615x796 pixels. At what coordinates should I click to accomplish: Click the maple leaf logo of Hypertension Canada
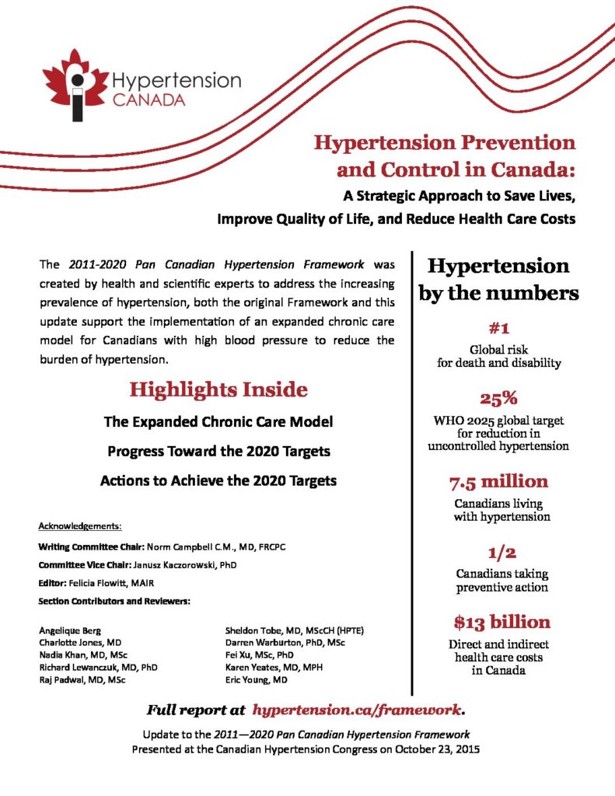(75, 85)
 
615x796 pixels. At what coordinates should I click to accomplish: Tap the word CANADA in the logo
(149, 100)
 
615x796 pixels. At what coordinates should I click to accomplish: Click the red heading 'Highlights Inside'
(218, 389)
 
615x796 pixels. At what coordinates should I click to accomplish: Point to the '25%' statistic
(498, 399)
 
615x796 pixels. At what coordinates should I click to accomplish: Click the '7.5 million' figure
(498, 481)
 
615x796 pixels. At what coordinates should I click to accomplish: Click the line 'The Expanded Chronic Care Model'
(218, 422)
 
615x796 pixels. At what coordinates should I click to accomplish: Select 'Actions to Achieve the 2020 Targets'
(218, 480)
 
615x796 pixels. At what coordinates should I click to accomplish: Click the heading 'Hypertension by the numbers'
(498, 280)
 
